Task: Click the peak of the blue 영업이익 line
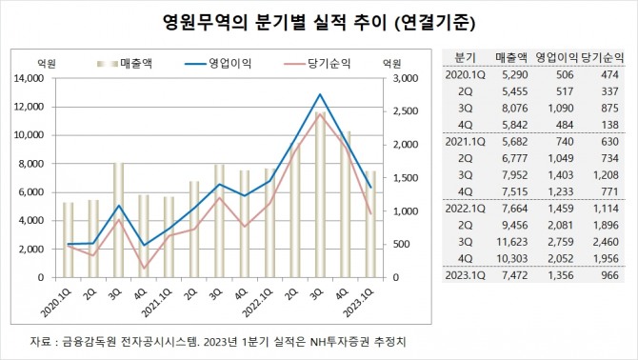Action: click(x=320, y=94)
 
